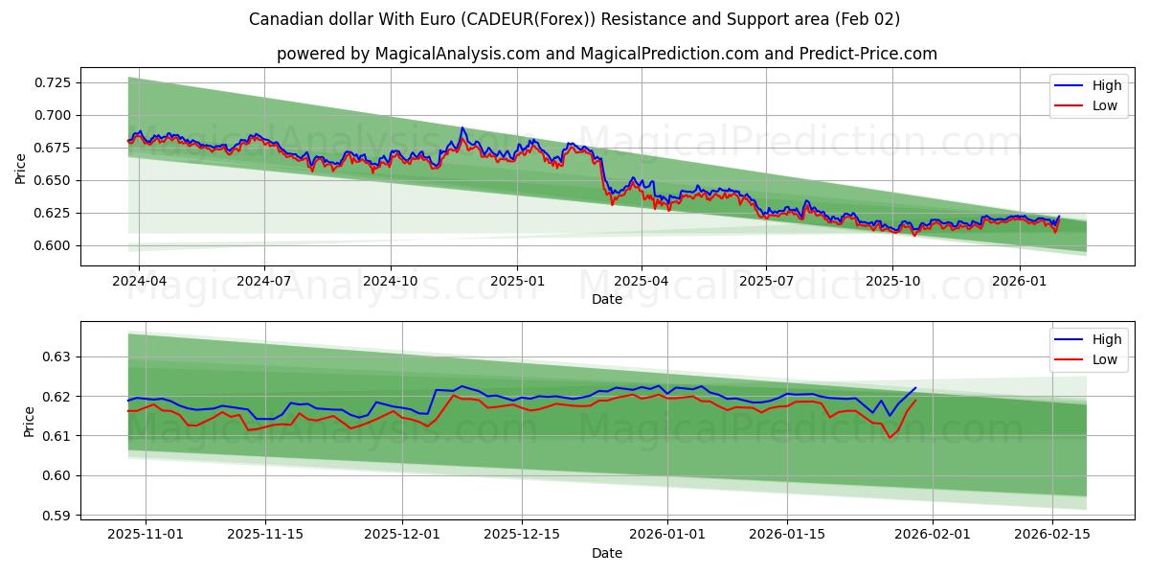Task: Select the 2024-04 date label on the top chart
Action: pos(139,282)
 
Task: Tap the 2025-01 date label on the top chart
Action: pos(517,282)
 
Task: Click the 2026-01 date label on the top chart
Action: pos(1019,282)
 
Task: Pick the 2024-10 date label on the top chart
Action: pos(391,282)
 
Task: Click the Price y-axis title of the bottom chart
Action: pos(29,422)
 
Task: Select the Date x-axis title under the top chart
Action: pos(607,299)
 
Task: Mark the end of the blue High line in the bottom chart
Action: pos(915,388)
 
